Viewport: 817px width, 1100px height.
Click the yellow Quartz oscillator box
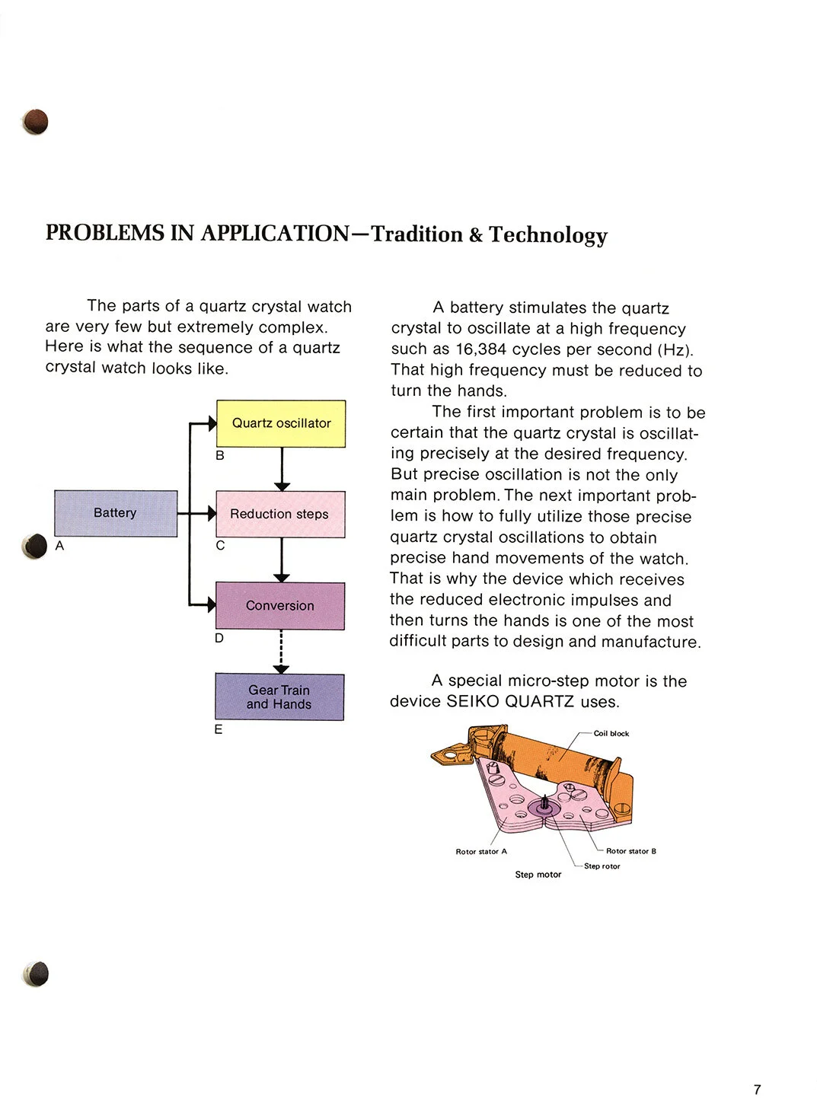tap(281, 423)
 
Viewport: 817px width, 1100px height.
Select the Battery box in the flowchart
tap(116, 513)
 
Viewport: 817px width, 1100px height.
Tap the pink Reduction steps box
tap(280, 514)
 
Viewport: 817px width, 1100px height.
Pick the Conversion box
tap(280, 605)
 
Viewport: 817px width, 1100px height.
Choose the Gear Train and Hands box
tap(279, 697)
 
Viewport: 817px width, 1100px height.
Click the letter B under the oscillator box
tap(220, 455)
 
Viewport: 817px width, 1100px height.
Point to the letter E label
tap(219, 729)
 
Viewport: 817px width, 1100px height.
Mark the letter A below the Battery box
tap(59, 545)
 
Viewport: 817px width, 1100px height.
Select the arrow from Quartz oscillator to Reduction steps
tap(282, 468)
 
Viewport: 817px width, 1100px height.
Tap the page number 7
tap(757, 1089)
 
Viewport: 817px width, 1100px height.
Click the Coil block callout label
tap(611, 734)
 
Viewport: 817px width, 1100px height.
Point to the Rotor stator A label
tap(481, 852)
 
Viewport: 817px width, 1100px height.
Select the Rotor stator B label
tap(630, 851)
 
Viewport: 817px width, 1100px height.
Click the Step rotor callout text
tap(602, 866)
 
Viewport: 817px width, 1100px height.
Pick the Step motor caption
tap(538, 875)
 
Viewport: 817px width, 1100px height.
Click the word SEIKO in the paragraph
tap(472, 701)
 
